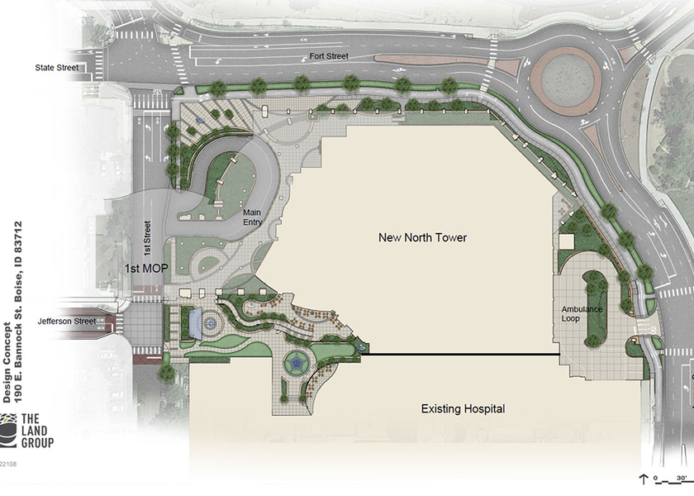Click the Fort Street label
330,56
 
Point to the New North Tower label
422,238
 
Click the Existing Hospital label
463,409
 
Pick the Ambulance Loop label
582,315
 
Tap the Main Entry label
252,218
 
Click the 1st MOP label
147,269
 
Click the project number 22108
8,464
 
